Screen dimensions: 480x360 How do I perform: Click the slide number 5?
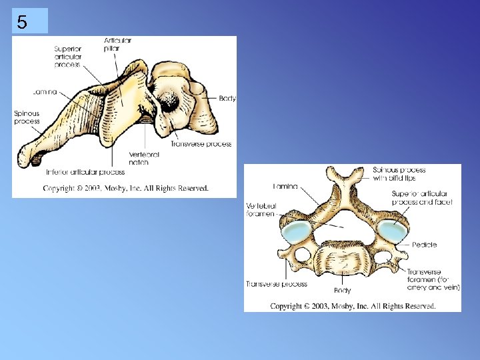(23, 23)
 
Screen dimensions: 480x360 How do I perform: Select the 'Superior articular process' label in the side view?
(67, 57)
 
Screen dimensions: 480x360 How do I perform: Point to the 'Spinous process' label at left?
(27, 117)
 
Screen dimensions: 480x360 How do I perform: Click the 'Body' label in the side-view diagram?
(227, 98)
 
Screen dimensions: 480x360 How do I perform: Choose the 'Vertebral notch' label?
(144, 158)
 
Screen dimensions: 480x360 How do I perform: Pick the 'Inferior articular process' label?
(85, 172)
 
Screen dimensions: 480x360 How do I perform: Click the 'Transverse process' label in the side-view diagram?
(201, 144)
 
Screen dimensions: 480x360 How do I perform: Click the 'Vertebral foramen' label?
(262, 210)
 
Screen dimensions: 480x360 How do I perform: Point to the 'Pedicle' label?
(424, 245)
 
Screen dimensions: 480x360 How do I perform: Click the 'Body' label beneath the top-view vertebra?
(343, 291)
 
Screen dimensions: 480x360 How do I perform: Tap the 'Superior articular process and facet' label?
(423, 197)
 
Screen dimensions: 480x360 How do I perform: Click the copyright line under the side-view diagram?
(126, 189)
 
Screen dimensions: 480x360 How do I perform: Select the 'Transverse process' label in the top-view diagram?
(276, 284)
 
